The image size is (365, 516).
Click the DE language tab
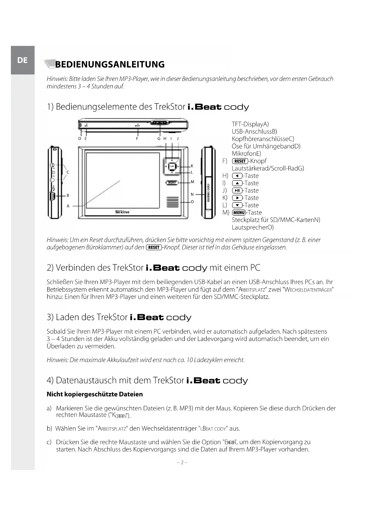[22, 60]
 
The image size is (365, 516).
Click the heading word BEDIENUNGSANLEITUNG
[110, 64]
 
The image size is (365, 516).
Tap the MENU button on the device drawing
[172, 183]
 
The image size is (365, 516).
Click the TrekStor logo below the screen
[122, 212]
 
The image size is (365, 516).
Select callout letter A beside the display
[68, 206]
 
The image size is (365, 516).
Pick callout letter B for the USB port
[68, 195]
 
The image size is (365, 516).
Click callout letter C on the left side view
[68, 172]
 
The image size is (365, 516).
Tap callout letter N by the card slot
[192, 194]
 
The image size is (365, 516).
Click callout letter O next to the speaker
[192, 202]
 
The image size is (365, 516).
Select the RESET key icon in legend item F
[240, 161]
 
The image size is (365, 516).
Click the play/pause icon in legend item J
[237, 191]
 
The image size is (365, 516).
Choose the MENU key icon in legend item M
[239, 213]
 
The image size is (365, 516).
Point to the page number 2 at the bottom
[182, 462]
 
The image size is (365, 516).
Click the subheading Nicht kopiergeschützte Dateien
[95, 394]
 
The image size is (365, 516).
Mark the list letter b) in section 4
[49, 429]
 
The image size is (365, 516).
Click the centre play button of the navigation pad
[172, 166]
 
